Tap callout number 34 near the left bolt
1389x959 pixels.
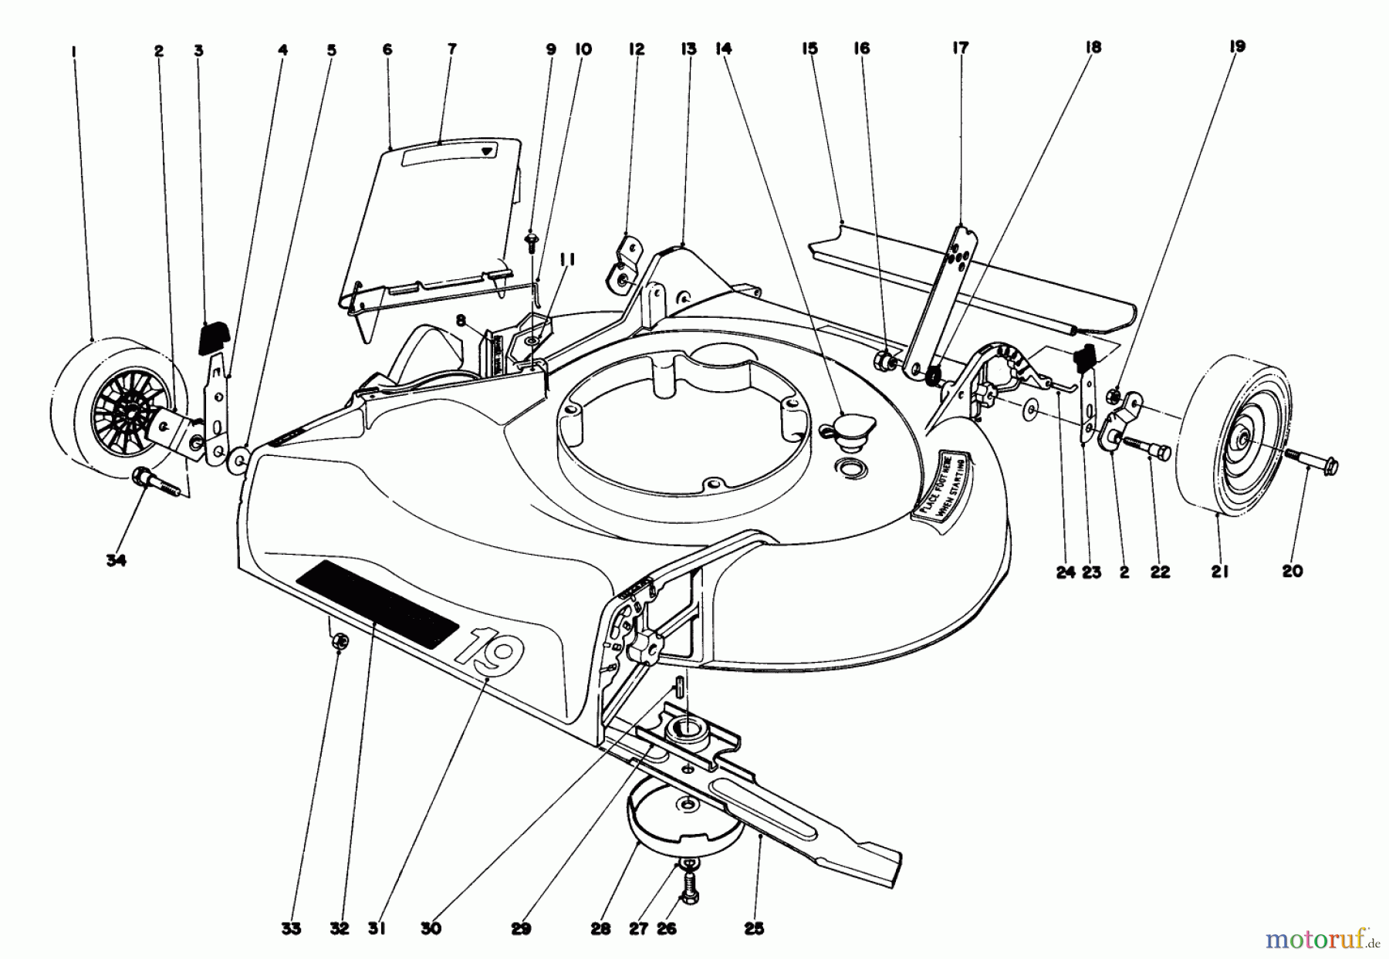pos(116,561)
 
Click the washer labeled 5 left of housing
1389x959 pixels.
pos(239,461)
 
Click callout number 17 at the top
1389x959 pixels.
pos(959,49)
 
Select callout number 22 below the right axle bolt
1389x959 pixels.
pos(1159,572)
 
